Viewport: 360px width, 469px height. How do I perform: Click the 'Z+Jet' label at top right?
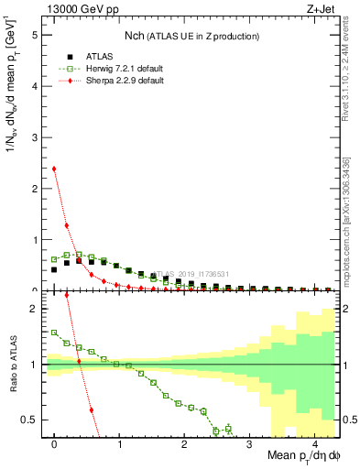click(321, 8)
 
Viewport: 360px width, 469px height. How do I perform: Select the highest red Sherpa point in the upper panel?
click(54, 169)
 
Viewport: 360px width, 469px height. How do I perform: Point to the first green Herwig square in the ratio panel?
click(54, 333)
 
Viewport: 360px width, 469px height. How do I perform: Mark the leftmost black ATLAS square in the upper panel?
click(54, 269)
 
